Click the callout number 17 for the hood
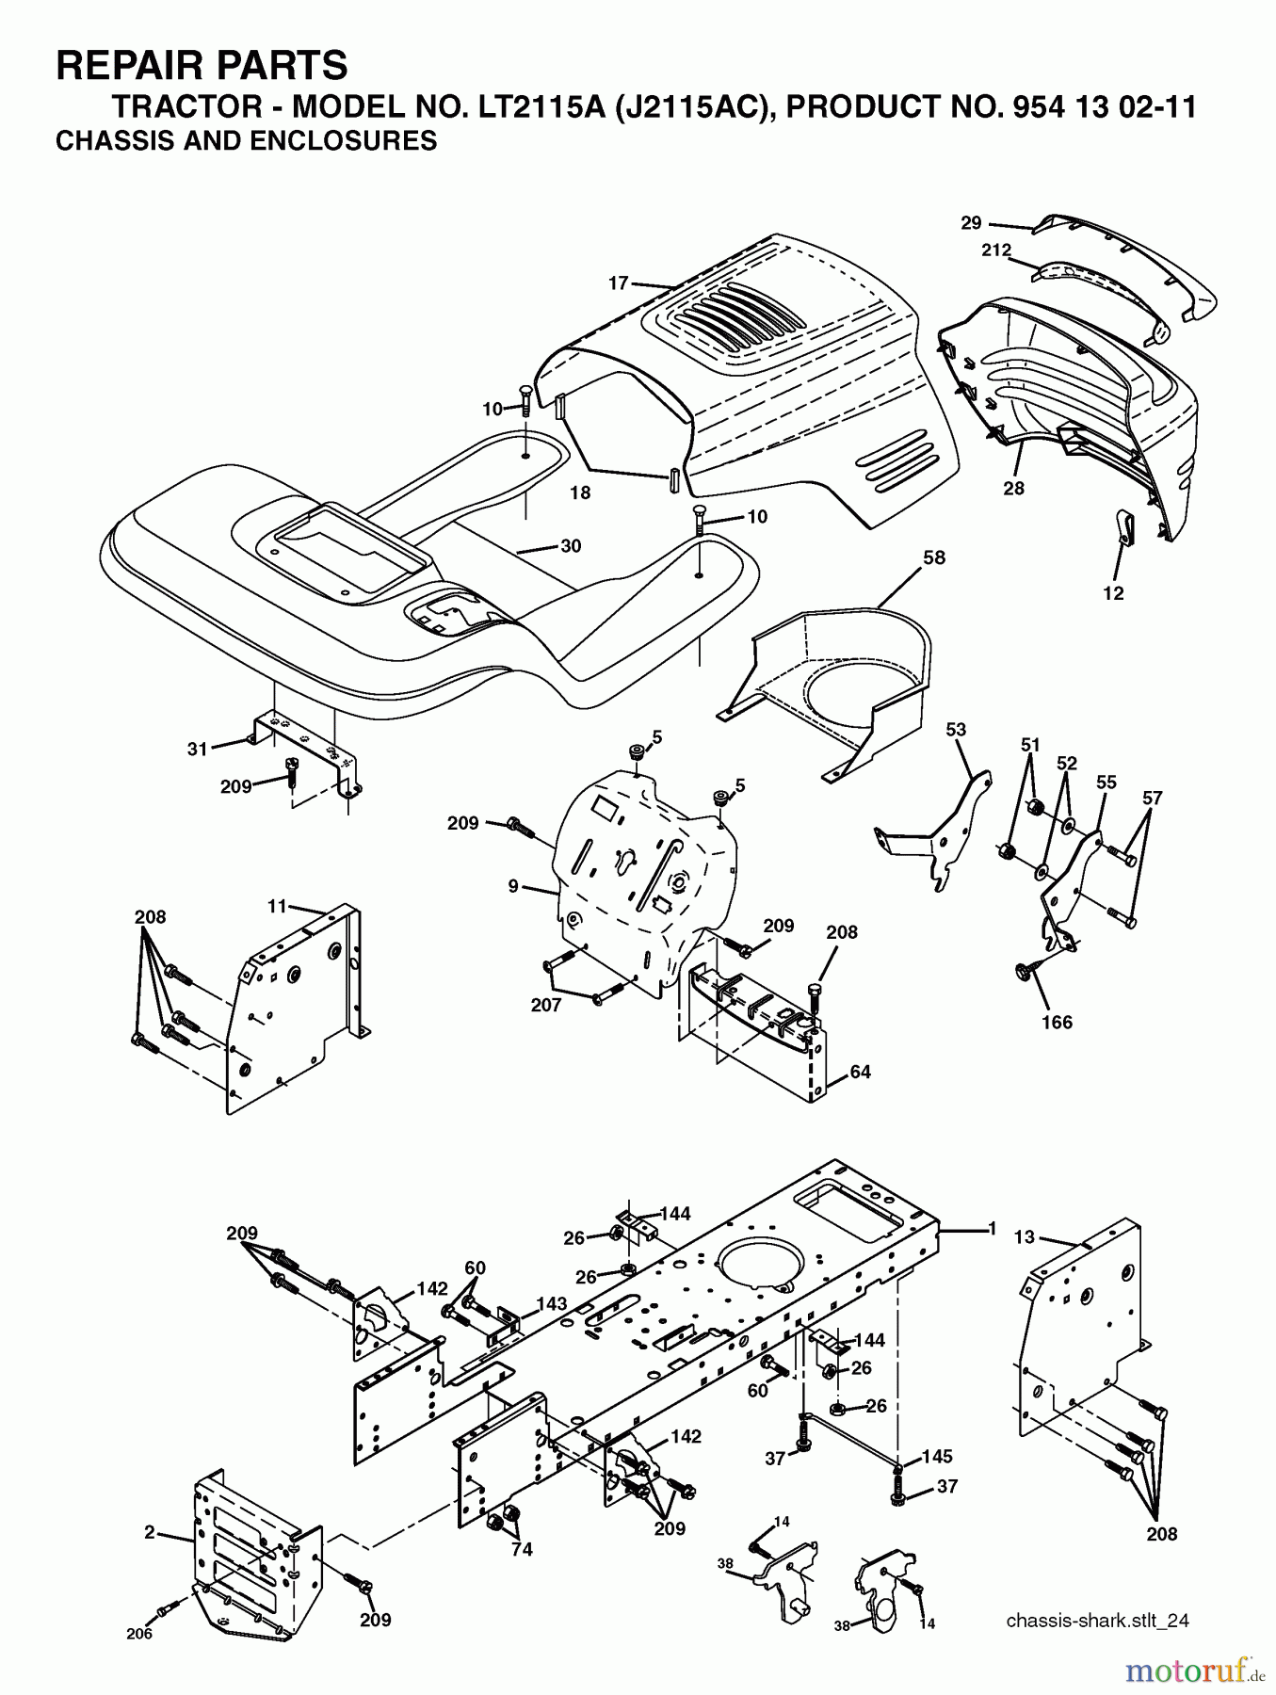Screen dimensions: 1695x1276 (618, 282)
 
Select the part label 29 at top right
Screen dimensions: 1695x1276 (971, 223)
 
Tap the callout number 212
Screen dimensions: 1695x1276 (995, 250)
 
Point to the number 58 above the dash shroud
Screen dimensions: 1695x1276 (933, 557)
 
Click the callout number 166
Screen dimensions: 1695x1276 (1057, 1022)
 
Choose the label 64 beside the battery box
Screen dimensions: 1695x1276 (860, 1072)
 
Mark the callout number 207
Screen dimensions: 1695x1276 (546, 1005)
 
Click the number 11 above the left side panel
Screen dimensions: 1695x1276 (277, 906)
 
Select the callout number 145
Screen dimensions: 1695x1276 (936, 1456)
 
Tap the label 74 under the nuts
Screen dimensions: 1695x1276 (521, 1549)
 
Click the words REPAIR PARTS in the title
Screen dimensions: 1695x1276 (202, 66)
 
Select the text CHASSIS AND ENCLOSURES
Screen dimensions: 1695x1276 (246, 141)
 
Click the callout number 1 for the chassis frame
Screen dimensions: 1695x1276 (991, 1228)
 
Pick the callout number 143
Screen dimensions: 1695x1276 (552, 1303)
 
